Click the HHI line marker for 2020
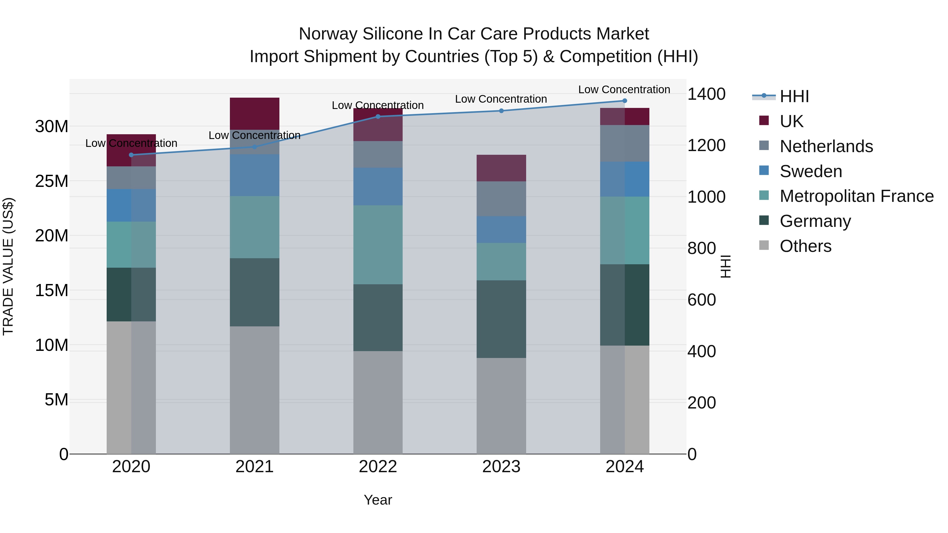[x=131, y=155]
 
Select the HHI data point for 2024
[x=625, y=101]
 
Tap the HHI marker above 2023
[x=501, y=111]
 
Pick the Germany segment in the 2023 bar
[x=501, y=319]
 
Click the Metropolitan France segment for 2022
[x=378, y=245]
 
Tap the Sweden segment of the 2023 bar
[x=501, y=230]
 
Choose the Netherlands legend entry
[x=826, y=146]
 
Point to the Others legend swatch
[x=764, y=245]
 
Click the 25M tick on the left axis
[x=52, y=181]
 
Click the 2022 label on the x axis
[x=378, y=467]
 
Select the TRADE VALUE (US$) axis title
[x=8, y=266]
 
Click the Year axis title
[x=378, y=500]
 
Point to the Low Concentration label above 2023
[x=501, y=99]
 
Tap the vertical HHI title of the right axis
[x=725, y=266]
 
